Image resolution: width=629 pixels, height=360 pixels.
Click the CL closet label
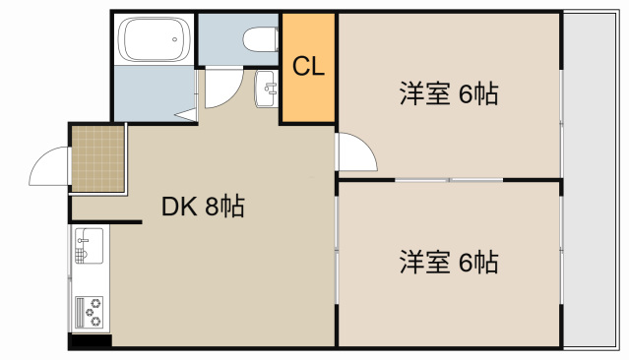pos(309,67)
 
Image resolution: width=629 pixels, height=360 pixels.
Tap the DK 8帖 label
pos(203,207)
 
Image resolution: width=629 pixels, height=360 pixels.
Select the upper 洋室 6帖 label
pos(448,94)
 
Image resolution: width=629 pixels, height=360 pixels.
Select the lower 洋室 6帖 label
pos(448,263)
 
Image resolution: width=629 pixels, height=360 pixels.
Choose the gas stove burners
pos(89,311)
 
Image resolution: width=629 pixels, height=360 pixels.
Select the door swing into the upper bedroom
pos(354,152)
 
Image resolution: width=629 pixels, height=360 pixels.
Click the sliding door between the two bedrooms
pos(449,180)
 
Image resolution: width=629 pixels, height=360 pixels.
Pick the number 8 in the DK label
pos(211,207)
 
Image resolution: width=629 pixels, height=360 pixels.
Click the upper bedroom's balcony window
pos(561,95)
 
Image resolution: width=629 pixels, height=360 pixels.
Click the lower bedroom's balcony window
pos(561,264)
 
